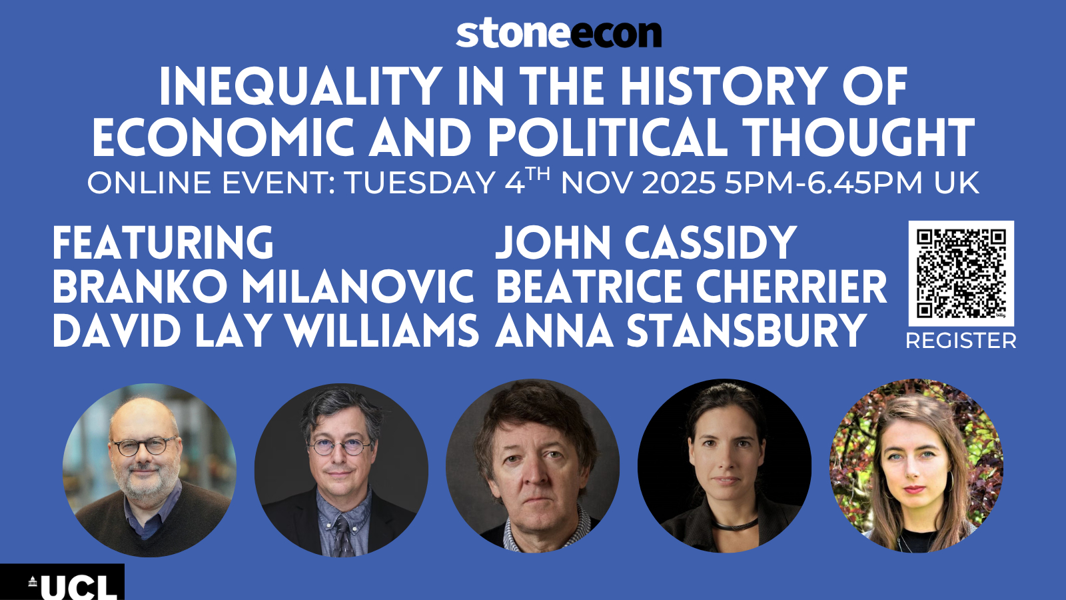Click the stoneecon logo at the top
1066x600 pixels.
[x=559, y=33]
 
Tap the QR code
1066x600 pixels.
[x=961, y=273]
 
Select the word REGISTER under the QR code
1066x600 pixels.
[x=961, y=341]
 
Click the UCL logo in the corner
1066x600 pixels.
[x=62, y=582]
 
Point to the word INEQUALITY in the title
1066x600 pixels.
[x=300, y=87]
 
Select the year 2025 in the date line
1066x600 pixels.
[x=679, y=183]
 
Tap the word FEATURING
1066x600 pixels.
[x=163, y=243]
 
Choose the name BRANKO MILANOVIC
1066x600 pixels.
[x=263, y=287]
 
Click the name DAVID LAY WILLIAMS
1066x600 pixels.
[x=266, y=331]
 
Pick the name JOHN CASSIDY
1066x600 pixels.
[x=646, y=243]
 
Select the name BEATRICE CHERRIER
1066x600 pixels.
[x=692, y=287]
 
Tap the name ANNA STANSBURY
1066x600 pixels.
[x=680, y=331]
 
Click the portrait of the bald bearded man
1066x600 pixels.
[x=149, y=470]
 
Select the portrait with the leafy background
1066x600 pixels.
[x=916, y=466]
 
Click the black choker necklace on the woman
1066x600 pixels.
[x=736, y=525]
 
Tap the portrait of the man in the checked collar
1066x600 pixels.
[x=532, y=466]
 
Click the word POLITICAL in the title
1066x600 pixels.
[x=608, y=137]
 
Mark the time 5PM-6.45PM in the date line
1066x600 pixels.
[x=823, y=183]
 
